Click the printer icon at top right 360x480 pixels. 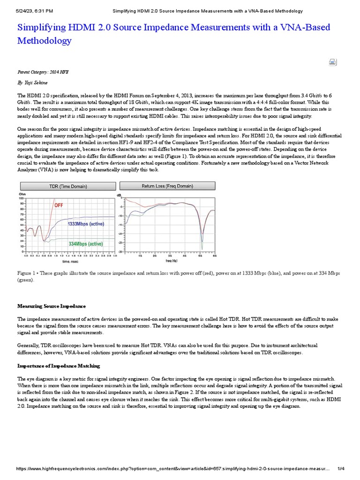click(332, 62)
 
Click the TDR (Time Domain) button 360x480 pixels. click(68, 186)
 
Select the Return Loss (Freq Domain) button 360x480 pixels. click(167, 186)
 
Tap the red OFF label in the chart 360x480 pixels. click(59, 205)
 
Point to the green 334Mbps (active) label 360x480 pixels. click(85, 244)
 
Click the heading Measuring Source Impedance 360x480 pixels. click(52, 306)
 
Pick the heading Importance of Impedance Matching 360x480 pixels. click(59, 366)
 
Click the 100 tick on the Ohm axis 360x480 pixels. click(21, 198)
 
